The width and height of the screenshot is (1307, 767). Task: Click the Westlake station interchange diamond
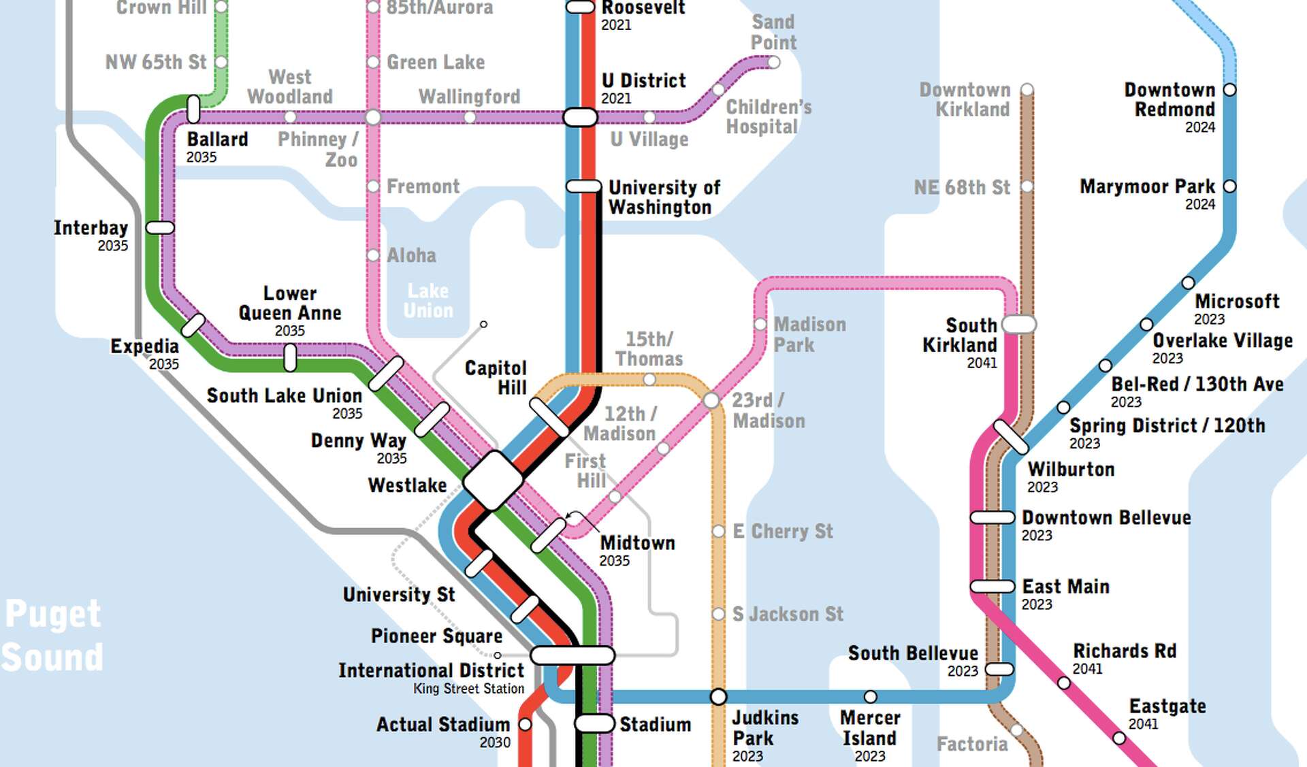coord(494,480)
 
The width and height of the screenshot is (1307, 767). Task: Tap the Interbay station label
coord(91,227)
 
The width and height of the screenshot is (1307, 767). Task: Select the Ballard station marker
coord(193,109)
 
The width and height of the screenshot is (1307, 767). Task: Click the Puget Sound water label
coord(52,636)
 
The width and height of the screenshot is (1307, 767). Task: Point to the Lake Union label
coord(427,300)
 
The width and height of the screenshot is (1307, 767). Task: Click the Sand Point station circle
coord(773,62)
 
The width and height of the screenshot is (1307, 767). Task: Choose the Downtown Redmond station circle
coord(1229,89)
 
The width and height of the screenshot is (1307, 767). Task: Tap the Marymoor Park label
coord(1147,186)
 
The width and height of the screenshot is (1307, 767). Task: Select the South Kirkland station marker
coord(1019,324)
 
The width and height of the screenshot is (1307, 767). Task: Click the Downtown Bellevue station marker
coord(993,517)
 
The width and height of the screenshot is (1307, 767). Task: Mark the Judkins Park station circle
coord(718,696)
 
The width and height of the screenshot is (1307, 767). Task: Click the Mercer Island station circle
coord(870,696)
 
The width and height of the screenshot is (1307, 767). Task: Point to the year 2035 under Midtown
coord(614,561)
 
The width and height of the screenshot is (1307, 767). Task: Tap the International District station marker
coord(572,655)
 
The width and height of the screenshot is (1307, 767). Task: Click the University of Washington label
coord(663,197)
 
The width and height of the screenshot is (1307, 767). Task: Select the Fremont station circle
coord(373,186)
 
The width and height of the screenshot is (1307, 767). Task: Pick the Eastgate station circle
coord(1118,737)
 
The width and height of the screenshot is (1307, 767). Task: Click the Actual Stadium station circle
coord(525,724)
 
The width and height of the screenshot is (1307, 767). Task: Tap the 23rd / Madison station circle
coord(711,400)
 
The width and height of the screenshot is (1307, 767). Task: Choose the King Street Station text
coord(468,689)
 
